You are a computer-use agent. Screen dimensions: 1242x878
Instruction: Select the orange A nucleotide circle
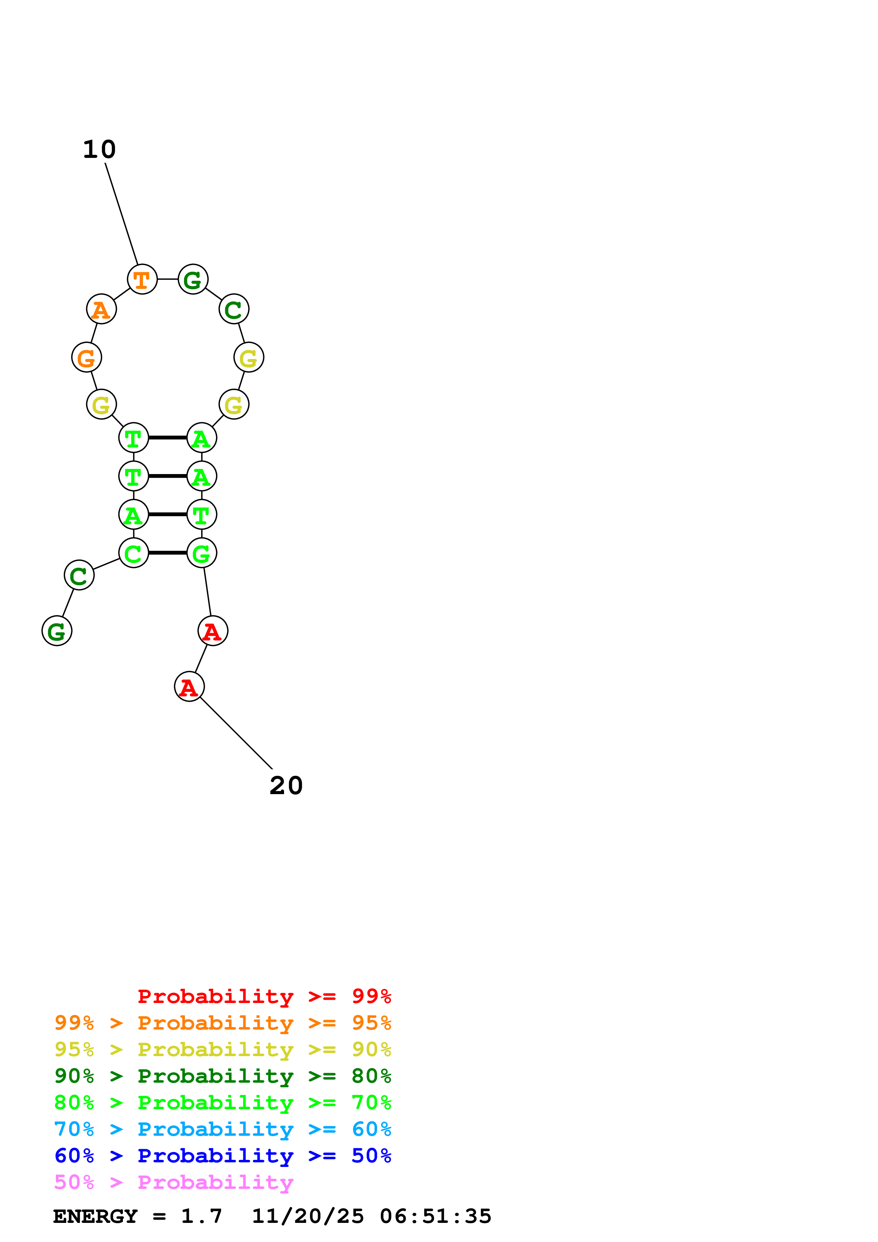coord(101,309)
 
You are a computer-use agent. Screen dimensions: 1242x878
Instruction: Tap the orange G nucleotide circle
coord(86,358)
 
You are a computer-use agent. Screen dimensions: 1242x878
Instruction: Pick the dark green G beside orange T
coord(193,280)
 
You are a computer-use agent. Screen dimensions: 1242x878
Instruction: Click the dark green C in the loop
coord(234,309)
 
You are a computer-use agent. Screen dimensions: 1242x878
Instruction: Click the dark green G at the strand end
coord(57,631)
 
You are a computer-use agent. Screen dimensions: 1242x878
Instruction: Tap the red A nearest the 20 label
coord(189,687)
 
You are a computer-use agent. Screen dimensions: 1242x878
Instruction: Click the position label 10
coord(100,150)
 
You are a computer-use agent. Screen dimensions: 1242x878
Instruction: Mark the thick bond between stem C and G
coord(168,553)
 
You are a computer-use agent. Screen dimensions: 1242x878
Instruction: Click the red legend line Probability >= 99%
coord(264,996)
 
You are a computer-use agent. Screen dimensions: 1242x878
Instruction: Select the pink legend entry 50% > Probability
coord(174,1183)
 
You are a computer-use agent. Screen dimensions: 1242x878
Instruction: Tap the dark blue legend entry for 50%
coord(222,1156)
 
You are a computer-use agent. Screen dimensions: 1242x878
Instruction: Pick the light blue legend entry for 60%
coord(222,1129)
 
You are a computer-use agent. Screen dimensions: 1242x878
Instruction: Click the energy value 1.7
coord(201,1217)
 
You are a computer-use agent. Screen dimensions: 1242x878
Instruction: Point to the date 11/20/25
coord(308,1217)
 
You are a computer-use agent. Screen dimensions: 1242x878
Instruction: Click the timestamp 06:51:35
coord(436,1217)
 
